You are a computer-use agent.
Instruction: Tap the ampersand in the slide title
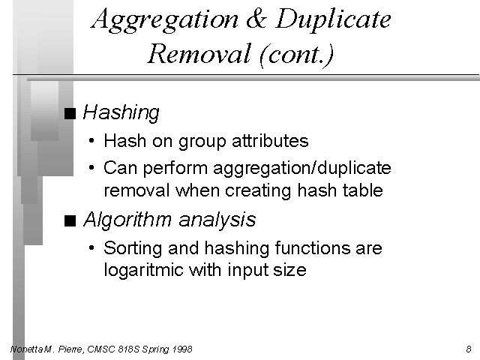click(256, 18)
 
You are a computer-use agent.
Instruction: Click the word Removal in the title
click(199, 53)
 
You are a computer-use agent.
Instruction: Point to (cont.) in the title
click(296, 55)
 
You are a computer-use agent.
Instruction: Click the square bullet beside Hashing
click(70, 113)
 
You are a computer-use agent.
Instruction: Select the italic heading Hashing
click(121, 113)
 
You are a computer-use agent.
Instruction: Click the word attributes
click(270, 141)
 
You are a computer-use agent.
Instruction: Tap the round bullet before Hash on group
click(91, 141)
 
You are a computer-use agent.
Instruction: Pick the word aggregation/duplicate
click(302, 169)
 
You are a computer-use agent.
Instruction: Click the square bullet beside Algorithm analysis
click(70, 220)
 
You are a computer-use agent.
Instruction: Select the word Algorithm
click(127, 220)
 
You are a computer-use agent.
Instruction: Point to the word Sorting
click(133, 248)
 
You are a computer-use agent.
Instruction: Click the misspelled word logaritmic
click(143, 271)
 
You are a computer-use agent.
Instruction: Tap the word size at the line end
click(289, 270)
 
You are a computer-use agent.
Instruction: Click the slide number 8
click(469, 349)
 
